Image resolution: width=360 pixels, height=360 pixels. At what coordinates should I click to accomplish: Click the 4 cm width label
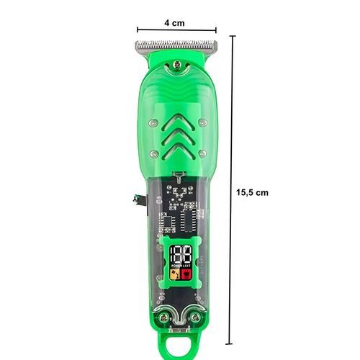pyautogui.click(x=174, y=23)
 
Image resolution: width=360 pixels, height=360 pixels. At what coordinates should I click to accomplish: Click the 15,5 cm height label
pyautogui.click(x=252, y=192)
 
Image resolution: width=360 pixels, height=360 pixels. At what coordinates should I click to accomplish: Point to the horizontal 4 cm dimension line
pyautogui.click(x=176, y=30)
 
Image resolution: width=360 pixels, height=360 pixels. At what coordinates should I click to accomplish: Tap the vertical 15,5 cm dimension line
pyautogui.click(x=231, y=190)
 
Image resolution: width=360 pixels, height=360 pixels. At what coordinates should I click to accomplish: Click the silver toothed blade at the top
pyautogui.click(x=176, y=46)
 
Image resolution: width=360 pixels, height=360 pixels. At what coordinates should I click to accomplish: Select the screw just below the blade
pyautogui.click(x=177, y=65)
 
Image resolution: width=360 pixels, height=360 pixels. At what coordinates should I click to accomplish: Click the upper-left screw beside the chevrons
pyautogui.click(x=153, y=123)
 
